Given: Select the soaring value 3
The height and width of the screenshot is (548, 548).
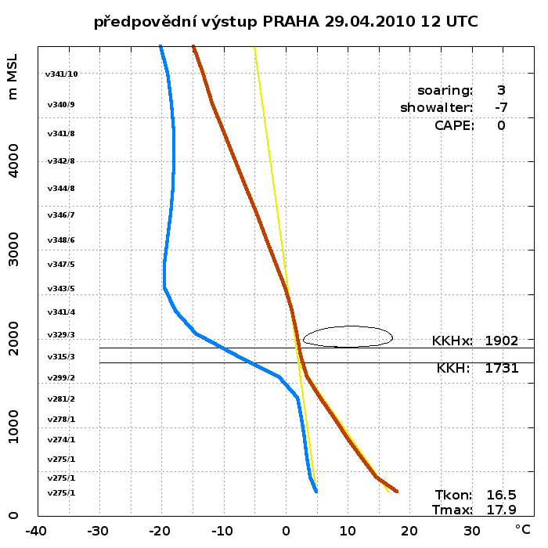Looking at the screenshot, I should [500, 90].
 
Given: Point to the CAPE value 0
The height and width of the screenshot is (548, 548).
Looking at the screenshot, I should [500, 125].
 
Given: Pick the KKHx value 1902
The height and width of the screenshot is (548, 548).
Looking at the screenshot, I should [501, 341].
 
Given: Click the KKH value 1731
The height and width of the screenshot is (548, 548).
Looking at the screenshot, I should [501, 367].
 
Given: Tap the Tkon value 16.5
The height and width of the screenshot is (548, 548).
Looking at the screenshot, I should [501, 495].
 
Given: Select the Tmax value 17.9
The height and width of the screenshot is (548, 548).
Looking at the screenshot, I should [501, 510].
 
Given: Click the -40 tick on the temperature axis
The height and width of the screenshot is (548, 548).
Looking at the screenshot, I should [35, 531].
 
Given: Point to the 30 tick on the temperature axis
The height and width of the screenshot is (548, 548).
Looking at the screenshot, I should [471, 531].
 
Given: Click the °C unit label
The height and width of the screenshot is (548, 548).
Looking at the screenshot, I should [523, 530].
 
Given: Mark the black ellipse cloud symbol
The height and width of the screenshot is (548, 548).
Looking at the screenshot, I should [348, 337].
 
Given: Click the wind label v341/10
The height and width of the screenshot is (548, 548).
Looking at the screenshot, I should [62, 74].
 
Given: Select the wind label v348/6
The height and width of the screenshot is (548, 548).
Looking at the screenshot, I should [61, 240].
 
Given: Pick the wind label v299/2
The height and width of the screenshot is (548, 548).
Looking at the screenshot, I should [61, 377].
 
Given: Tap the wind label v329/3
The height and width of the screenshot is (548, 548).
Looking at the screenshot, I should [61, 334].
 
